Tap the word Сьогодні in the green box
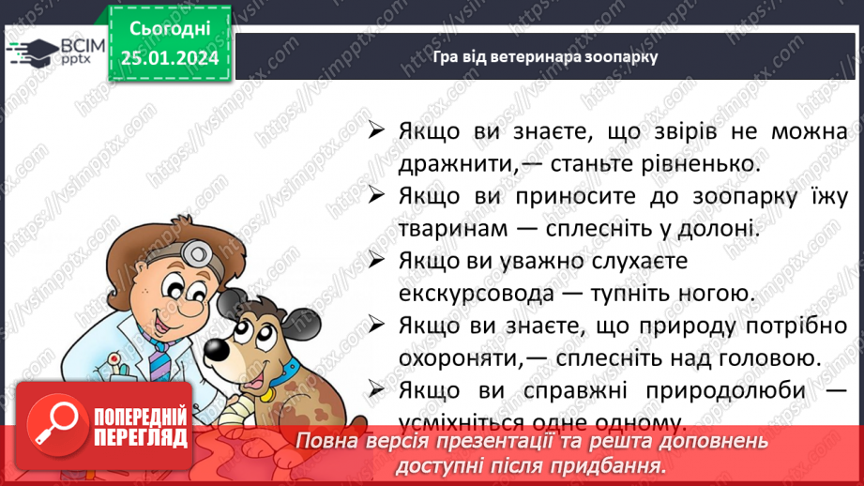[x=170, y=29]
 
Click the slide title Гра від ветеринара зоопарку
[x=545, y=56]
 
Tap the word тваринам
[x=453, y=228]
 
